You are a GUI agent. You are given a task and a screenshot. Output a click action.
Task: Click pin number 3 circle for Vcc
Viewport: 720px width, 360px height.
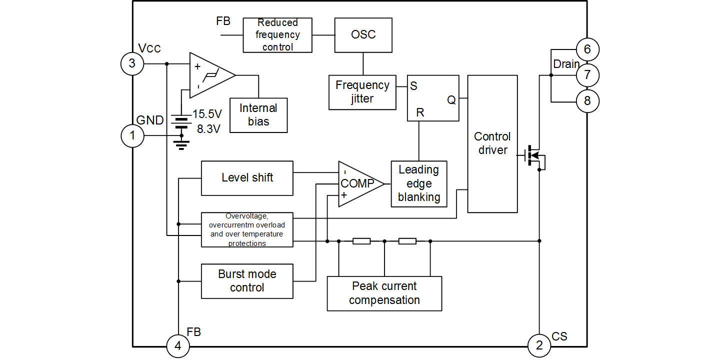(132, 63)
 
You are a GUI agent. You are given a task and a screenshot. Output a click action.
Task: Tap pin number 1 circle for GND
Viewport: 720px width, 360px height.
(132, 135)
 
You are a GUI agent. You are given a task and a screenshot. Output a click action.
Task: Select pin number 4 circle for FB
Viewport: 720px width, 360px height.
(178, 346)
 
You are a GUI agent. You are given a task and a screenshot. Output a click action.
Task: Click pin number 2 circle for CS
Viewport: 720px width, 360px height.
(539, 345)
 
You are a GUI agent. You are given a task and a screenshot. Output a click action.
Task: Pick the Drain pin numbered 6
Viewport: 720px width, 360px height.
(587, 49)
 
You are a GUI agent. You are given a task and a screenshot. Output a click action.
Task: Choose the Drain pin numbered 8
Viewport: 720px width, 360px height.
(587, 101)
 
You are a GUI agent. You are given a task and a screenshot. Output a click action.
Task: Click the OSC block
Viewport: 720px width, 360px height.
(363, 35)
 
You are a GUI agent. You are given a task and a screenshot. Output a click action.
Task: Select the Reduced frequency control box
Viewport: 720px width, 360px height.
(277, 35)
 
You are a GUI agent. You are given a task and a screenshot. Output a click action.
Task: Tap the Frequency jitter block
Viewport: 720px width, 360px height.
(362, 92)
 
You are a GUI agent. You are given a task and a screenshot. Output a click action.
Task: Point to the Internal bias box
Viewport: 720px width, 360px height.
(258, 115)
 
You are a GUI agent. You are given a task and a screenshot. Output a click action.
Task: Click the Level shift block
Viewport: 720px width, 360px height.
(247, 178)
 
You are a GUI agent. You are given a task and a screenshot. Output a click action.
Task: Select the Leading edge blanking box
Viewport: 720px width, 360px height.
(419, 183)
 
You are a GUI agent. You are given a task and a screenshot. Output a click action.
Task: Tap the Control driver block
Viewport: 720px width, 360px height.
(492, 144)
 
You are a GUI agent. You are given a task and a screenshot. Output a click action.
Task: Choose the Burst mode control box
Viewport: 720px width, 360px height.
(247, 281)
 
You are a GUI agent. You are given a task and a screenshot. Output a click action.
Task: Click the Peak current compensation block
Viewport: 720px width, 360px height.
(384, 293)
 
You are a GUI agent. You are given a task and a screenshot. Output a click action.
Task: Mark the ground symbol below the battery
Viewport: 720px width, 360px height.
(181, 144)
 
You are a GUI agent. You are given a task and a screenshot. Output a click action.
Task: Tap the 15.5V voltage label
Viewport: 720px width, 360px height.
(207, 113)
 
